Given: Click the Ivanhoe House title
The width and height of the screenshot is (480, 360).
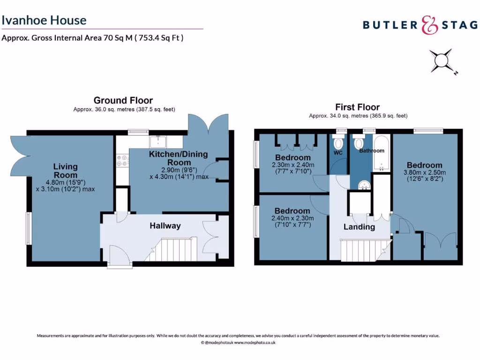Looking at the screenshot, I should (x=44, y=20).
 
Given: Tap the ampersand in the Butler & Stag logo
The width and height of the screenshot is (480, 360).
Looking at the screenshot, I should (x=428, y=25).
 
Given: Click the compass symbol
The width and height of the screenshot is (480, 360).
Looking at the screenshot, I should (x=442, y=61).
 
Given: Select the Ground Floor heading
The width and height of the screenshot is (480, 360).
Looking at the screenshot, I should (x=123, y=100).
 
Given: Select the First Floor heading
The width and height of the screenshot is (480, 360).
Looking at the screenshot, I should (x=357, y=107).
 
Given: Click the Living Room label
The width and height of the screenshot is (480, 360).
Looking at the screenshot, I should (x=65, y=171).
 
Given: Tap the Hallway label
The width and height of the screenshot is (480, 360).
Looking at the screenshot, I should (x=165, y=226).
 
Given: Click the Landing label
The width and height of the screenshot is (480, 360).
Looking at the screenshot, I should (x=359, y=227).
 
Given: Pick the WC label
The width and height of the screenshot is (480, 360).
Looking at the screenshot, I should (x=338, y=153).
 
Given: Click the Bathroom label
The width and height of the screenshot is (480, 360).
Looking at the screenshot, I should (x=371, y=151).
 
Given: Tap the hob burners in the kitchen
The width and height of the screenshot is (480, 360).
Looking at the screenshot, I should (x=122, y=161).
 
